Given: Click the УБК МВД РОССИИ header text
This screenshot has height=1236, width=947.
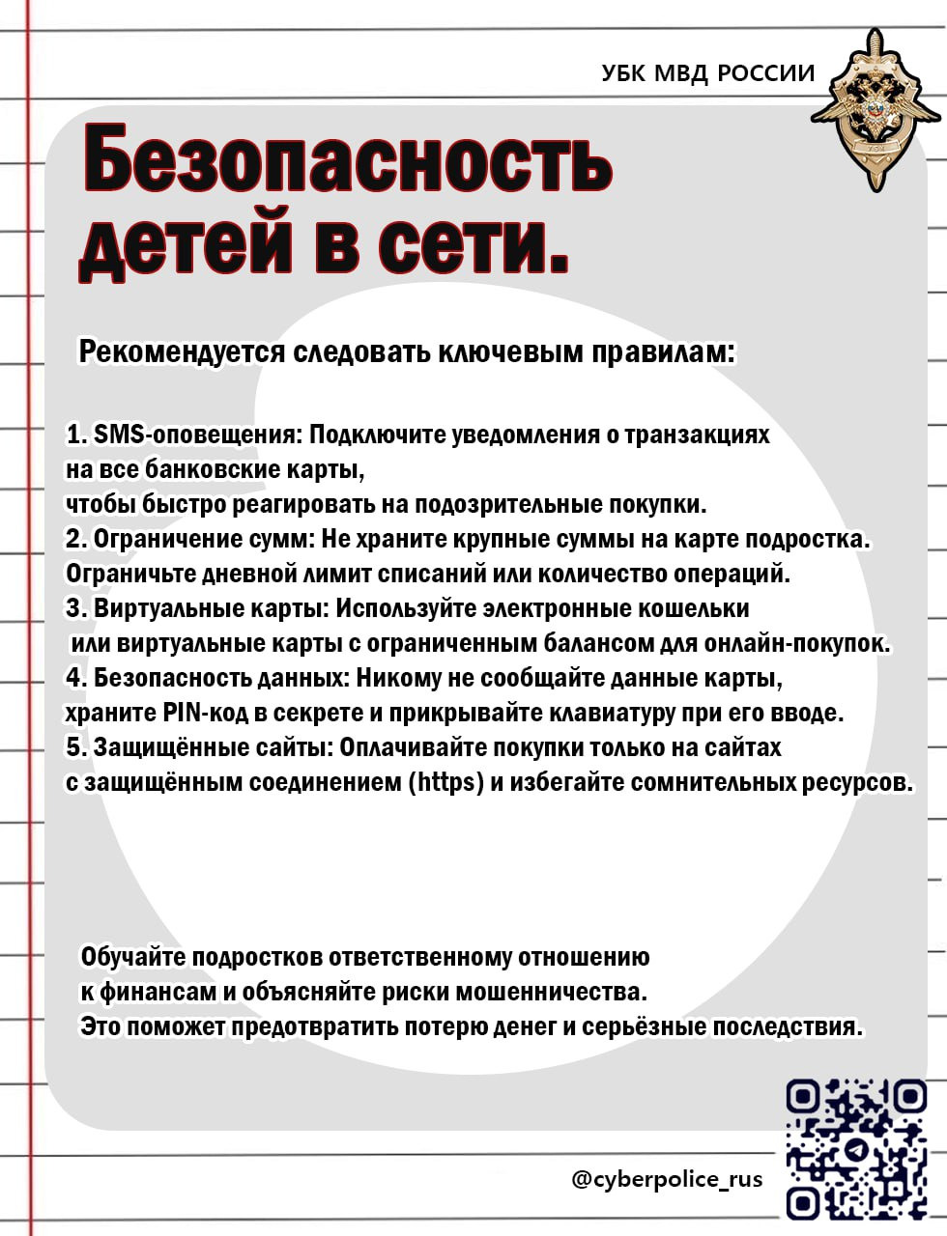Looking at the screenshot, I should pos(707,73).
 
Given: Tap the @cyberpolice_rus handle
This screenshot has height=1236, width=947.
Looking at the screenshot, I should pos(667,1179).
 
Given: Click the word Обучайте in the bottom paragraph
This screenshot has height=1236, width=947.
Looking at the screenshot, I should pos(134,957).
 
